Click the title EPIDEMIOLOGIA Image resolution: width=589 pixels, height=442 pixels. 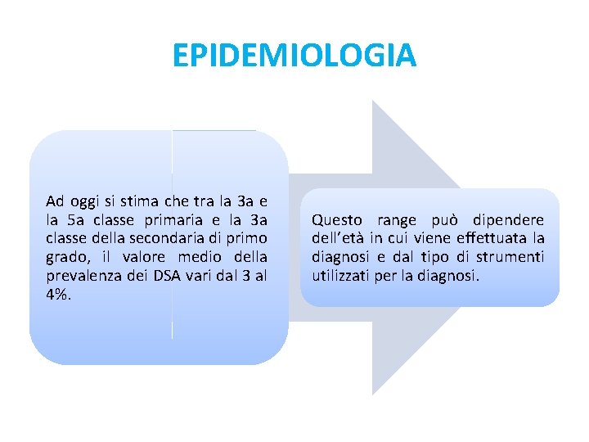(294, 56)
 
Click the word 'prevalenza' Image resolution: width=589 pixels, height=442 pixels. (79, 277)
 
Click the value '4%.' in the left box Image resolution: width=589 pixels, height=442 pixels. (59, 295)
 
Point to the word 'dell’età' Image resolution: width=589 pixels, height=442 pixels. (338, 239)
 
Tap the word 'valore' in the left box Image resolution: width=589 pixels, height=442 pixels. (137, 258)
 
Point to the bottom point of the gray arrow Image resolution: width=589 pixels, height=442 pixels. (373, 395)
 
